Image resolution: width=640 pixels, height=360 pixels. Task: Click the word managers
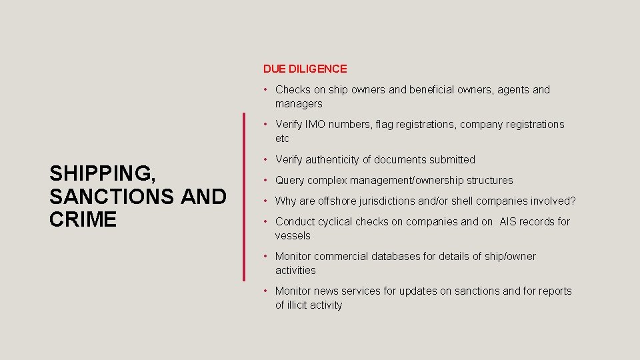[x=299, y=104]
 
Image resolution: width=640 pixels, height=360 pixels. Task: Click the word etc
[x=282, y=139]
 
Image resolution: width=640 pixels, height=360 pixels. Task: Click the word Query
[x=290, y=181]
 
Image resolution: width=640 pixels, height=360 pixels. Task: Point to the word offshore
[x=337, y=201]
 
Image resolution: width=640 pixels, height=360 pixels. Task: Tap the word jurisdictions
[x=393, y=201]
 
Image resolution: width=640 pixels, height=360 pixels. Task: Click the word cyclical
[x=335, y=222]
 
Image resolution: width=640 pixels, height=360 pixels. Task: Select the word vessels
[x=293, y=236]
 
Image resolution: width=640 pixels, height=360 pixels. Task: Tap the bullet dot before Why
[x=266, y=201]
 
